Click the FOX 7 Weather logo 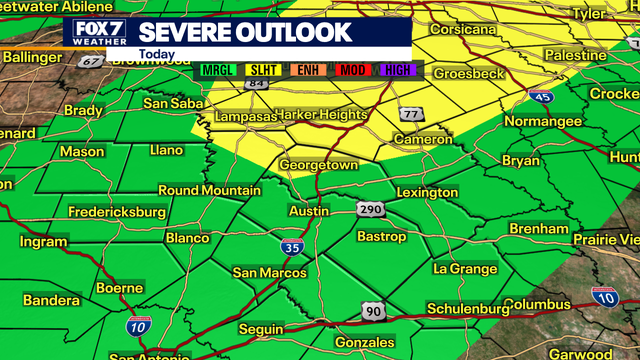click(x=100, y=32)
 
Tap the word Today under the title click(x=159, y=54)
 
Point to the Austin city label click(x=308, y=212)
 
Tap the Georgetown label click(x=319, y=164)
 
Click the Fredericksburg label click(x=116, y=212)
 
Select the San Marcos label click(x=267, y=272)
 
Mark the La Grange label click(x=465, y=269)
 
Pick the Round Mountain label click(x=209, y=190)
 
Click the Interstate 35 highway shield click(x=292, y=247)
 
